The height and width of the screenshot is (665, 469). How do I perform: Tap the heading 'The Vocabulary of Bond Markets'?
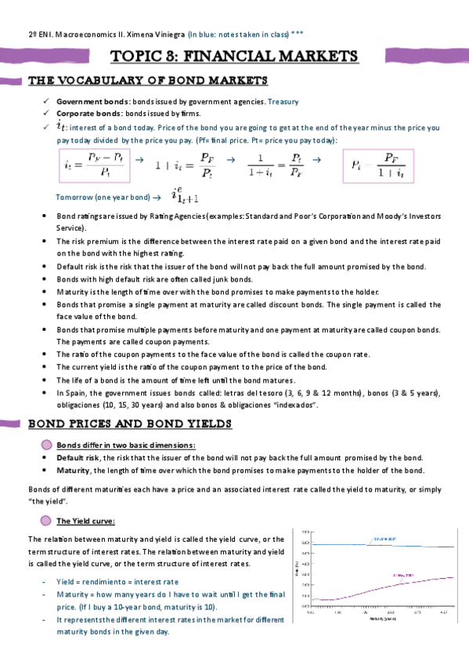[x=148, y=81]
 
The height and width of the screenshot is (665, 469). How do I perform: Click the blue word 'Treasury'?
[x=283, y=102]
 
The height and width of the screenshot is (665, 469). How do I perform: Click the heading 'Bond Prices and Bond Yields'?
[x=130, y=424]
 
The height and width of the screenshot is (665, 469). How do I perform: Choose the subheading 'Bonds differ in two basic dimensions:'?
[x=126, y=445]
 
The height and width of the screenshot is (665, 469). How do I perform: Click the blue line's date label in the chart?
[x=384, y=540]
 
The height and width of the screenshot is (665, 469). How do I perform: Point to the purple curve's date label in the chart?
[x=403, y=574]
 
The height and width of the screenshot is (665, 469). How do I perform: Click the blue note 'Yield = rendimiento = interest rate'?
[x=117, y=582]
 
